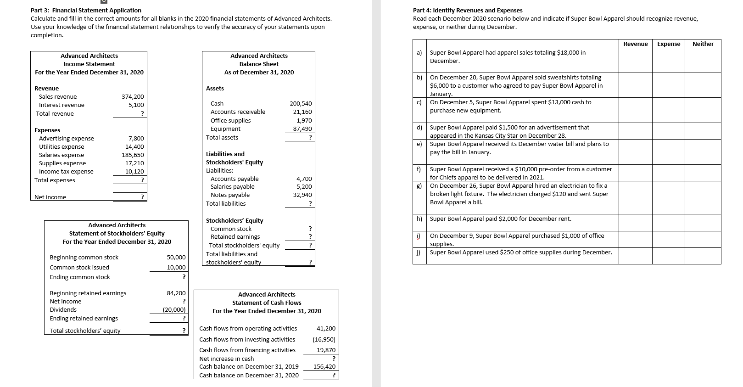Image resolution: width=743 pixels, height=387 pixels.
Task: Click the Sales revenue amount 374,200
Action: tap(133, 96)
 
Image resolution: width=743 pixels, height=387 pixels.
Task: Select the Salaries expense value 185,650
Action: tap(133, 155)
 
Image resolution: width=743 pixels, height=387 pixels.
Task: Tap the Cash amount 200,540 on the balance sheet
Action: tap(301, 104)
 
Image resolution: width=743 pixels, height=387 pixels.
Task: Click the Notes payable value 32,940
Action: tap(302, 195)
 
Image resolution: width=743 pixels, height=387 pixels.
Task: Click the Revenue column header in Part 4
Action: tap(635, 44)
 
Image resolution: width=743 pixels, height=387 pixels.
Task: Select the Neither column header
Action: tap(703, 44)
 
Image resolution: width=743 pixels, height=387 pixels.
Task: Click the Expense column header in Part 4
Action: tap(669, 44)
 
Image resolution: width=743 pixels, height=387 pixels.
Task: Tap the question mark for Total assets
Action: tap(310, 138)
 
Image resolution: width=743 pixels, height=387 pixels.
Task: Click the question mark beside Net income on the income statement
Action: tap(142, 197)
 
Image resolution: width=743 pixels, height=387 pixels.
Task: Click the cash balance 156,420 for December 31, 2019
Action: tap(324, 367)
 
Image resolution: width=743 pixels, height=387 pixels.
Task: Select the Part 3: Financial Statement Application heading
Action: tap(86, 10)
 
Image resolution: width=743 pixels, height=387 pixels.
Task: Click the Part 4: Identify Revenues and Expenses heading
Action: tap(468, 10)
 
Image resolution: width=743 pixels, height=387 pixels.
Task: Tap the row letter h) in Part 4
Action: tap(419, 219)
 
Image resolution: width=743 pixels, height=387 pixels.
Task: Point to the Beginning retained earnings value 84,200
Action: tap(176, 293)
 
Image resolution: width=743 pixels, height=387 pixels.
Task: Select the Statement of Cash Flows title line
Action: tap(267, 303)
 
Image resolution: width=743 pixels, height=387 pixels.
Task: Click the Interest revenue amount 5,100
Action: tap(136, 105)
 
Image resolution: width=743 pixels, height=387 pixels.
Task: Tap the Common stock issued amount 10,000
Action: tap(176, 268)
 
